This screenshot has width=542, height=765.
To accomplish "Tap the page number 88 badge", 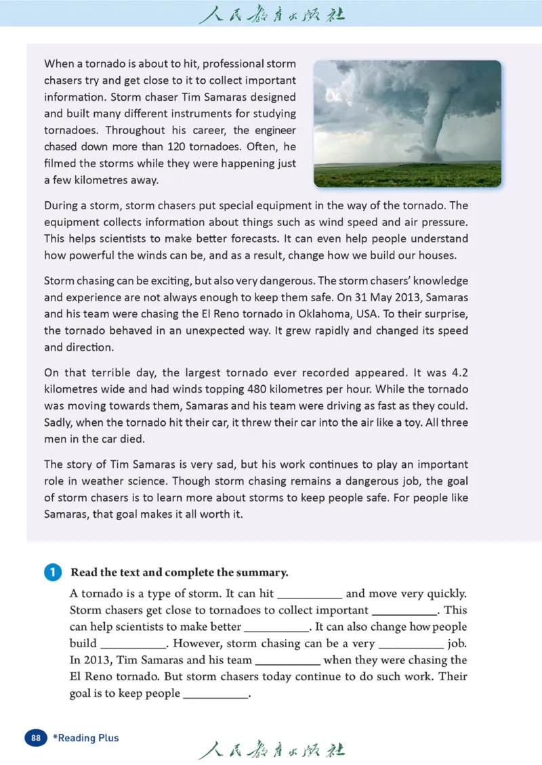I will pyautogui.click(x=36, y=737).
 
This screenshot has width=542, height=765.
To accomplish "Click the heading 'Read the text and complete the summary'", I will pyautogui.click(x=180, y=573).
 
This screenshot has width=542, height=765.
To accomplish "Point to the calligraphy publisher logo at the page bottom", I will pyautogui.click(x=271, y=751).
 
